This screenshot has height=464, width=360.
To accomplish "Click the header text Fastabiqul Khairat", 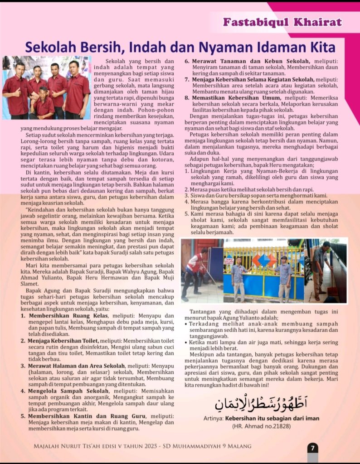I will pyautogui.click(x=282, y=23).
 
